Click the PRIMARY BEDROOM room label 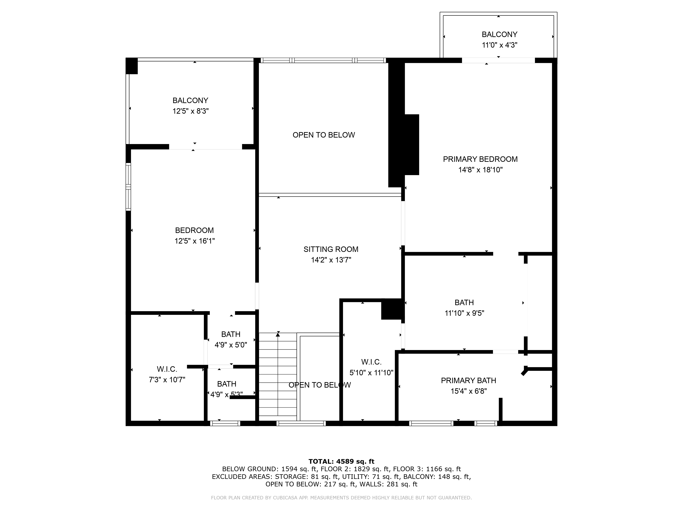click(x=480, y=159)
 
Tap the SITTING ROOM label click(x=331, y=249)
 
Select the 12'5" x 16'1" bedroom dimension click(x=194, y=241)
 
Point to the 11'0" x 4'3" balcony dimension click(x=500, y=45)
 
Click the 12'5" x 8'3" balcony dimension click(x=191, y=111)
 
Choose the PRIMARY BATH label click(x=468, y=381)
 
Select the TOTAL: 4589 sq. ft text click(x=341, y=461)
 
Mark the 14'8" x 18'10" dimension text click(x=480, y=170)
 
